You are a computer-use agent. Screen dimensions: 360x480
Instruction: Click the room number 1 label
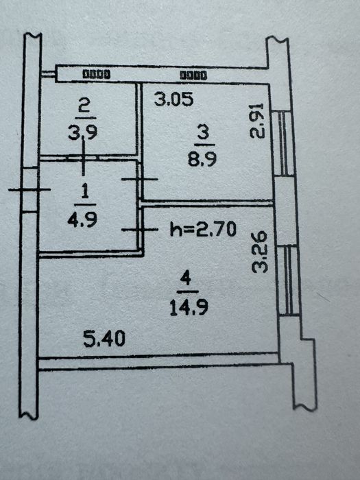coord(85,192)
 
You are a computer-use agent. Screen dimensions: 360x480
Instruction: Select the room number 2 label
coord(85,107)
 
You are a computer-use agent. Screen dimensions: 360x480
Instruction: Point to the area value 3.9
coord(83,133)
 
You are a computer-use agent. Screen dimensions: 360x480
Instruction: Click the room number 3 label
coord(204,133)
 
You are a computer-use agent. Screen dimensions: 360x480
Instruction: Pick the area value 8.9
coord(202,160)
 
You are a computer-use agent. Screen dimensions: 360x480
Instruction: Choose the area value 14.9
coord(189,307)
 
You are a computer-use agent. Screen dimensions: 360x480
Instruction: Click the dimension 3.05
coord(174,99)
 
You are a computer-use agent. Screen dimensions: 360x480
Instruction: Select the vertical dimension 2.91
coord(256,121)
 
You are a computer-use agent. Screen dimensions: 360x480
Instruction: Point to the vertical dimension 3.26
coord(260,252)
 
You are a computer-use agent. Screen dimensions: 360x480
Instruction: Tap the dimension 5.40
coord(104,339)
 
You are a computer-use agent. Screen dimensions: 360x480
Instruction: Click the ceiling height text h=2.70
coord(203,229)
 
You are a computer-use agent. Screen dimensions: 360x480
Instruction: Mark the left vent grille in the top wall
coord(97,74)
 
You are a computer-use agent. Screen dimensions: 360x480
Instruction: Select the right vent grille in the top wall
coord(193,75)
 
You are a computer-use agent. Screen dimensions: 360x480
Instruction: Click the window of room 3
coord(283,143)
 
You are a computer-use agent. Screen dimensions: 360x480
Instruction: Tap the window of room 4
coord(289,280)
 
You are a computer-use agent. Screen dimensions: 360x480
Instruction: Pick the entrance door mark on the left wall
coord(29,190)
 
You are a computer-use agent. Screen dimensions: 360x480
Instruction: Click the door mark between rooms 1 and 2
coord(83,158)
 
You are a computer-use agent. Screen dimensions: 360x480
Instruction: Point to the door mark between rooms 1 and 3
coord(139,179)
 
